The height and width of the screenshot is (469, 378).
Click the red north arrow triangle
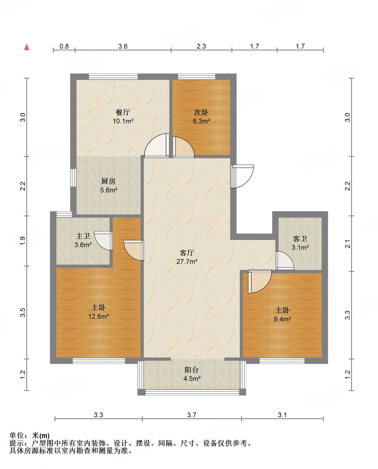tap(27, 47)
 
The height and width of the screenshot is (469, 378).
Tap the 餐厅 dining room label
tap(123, 112)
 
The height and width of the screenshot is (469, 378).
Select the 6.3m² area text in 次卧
tap(201, 121)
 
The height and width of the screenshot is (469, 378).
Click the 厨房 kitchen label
tap(108, 181)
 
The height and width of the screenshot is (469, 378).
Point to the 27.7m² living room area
tap(187, 261)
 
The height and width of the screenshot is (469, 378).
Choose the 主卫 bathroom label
tap(83, 236)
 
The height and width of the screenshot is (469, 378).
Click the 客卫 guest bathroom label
tap(300, 239)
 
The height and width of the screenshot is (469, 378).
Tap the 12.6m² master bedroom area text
tap(99, 316)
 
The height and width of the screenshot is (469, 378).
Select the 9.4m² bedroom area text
tap(282, 319)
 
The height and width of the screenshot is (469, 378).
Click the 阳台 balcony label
tap(192, 370)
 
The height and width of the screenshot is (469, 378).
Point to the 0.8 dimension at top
tap(64, 46)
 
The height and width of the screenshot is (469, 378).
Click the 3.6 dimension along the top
tap(123, 46)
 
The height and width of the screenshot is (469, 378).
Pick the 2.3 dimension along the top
tap(201, 46)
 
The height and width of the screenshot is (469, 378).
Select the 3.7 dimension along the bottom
tap(192, 415)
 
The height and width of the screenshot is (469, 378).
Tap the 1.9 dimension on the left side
tap(23, 241)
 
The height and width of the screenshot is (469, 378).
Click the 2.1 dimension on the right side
tap(348, 244)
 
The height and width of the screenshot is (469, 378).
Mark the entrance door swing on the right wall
tap(242, 176)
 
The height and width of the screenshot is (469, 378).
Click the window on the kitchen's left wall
tap(73, 178)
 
